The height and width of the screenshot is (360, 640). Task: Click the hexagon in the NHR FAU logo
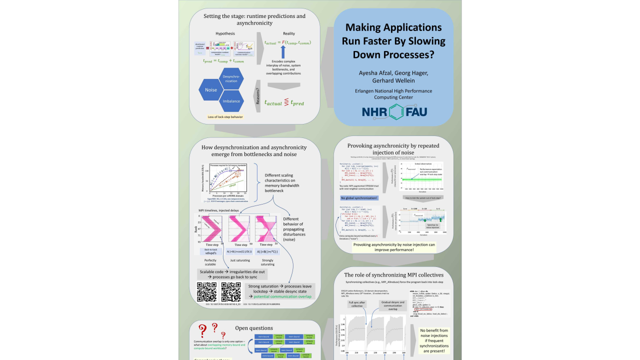point(396,111)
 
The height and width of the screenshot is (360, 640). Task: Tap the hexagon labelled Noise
point(211,90)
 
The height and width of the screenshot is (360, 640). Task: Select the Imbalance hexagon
point(231,101)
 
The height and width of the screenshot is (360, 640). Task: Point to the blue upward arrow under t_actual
point(282,51)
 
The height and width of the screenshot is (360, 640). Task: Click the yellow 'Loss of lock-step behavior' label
point(225,117)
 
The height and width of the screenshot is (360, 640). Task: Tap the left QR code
point(206,291)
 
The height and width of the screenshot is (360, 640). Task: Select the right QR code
point(231,291)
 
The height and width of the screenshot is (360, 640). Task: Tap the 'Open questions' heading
point(254,328)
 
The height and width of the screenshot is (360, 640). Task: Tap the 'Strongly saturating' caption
point(267,262)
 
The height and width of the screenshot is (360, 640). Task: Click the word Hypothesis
point(225,33)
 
